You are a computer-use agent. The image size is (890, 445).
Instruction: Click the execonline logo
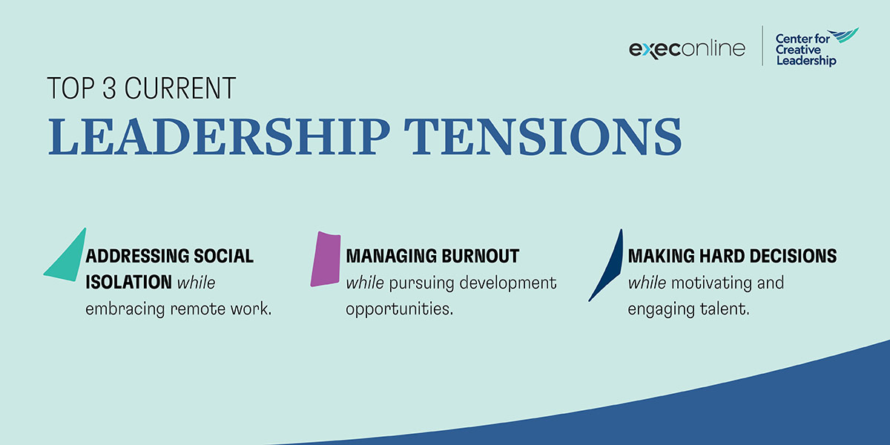[x=687, y=49]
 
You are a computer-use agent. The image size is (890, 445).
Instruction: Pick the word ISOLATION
[x=128, y=283]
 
